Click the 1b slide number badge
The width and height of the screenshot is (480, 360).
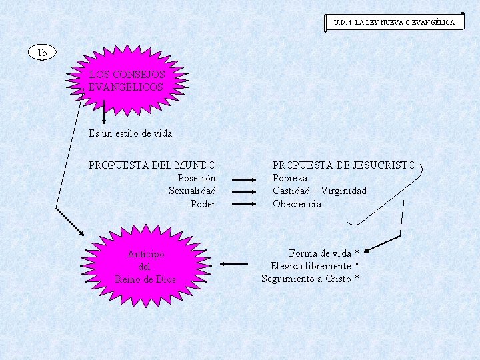coord(42,52)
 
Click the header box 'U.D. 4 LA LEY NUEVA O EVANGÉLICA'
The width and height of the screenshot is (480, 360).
coord(394,22)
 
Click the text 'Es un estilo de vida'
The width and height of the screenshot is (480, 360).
coord(130,133)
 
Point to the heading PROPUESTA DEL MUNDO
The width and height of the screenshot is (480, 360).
coord(152,165)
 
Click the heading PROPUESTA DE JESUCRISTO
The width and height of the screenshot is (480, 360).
coord(344,165)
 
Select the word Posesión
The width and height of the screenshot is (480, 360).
coord(197,178)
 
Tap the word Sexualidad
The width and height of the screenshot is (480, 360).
coord(192,191)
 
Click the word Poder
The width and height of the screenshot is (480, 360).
coord(203,204)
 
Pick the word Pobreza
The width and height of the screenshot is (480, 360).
coord(290,178)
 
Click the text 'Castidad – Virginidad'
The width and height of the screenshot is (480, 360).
coord(319,191)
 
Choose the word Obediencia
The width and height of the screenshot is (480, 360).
coord(297,204)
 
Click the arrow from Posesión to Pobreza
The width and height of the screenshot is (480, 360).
coord(244,179)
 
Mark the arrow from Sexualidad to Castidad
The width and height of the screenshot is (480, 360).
coord(244,192)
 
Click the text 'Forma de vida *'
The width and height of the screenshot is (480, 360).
coord(324,253)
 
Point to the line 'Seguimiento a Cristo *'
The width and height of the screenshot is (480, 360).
coord(310,279)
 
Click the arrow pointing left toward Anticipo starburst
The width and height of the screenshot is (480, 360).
coord(233,264)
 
